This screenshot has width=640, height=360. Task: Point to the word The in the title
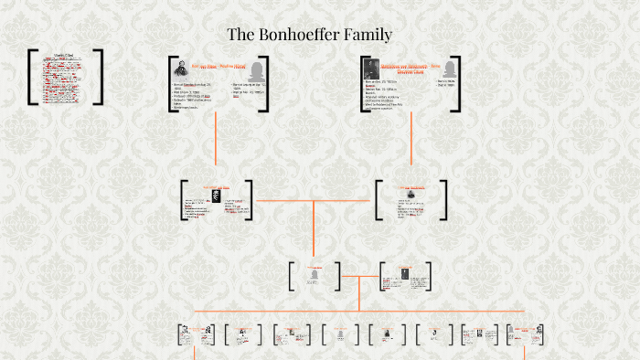[x=240, y=36]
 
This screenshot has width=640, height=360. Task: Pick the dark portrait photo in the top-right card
[x=370, y=69]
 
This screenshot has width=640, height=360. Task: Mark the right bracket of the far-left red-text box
[x=100, y=77]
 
